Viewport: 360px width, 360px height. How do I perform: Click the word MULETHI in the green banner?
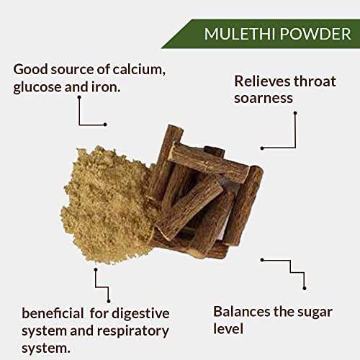point(240,34)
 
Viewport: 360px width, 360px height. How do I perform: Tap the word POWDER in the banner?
point(315,34)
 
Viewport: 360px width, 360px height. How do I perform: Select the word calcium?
point(139,70)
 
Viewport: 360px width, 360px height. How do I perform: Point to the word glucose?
point(37,87)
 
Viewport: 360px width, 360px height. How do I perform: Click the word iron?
point(106,87)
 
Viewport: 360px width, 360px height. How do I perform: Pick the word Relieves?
point(262,81)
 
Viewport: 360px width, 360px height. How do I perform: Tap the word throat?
point(315,81)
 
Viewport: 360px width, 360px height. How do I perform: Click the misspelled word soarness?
point(264,98)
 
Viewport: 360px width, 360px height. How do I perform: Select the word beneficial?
point(53,313)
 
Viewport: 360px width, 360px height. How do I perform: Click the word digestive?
point(140,314)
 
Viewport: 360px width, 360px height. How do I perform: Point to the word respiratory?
point(133,331)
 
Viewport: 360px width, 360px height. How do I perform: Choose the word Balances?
point(242,312)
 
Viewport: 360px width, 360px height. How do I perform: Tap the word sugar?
point(315,312)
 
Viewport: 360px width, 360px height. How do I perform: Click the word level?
point(228,328)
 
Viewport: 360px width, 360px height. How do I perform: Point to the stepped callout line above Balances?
point(291,266)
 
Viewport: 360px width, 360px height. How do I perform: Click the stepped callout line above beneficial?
point(102,287)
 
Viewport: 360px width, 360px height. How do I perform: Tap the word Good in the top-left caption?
point(30,70)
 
